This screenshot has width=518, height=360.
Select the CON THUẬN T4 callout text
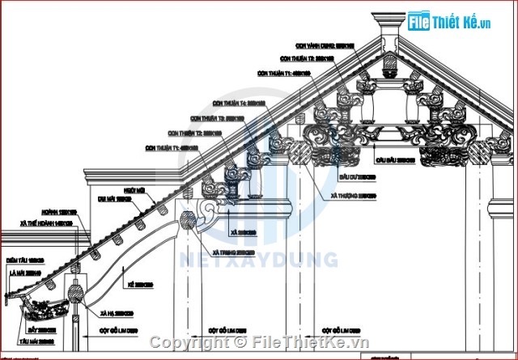239,103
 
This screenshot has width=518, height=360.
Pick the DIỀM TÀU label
23,260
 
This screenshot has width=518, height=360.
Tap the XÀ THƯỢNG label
355,195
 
